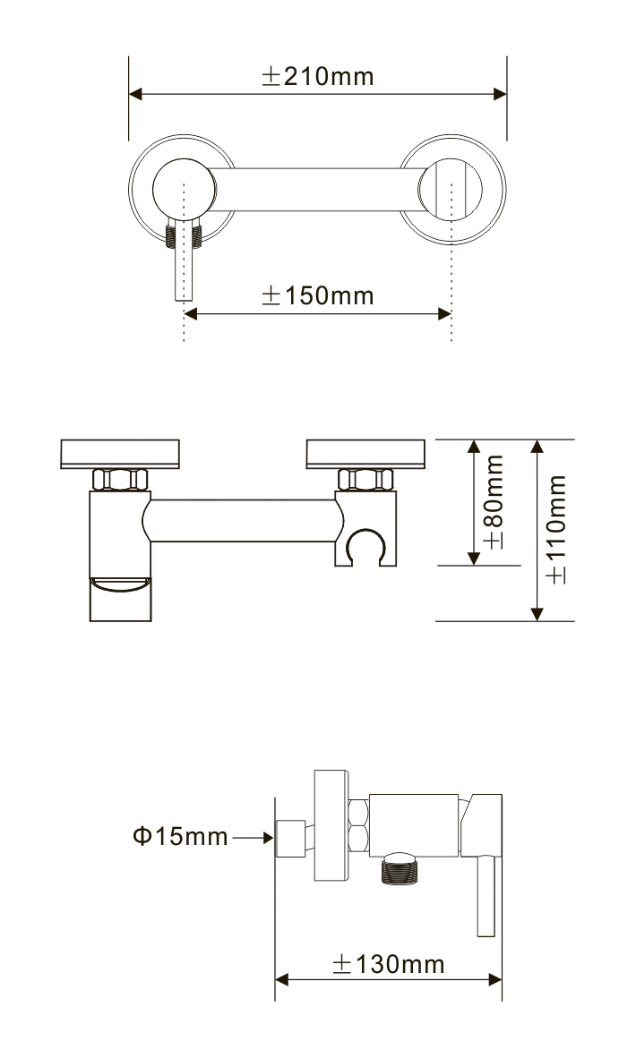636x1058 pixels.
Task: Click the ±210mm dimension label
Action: pos(317,76)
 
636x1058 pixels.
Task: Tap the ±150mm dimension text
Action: pos(317,295)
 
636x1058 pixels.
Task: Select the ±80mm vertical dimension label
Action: pos(494,502)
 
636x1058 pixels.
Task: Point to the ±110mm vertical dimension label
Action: pos(556,529)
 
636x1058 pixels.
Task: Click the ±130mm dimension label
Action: pos(388,964)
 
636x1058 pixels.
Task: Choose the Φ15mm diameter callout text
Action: pos(180,837)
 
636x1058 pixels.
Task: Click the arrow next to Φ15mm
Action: pos(254,838)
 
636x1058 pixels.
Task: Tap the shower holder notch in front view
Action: pos(365,545)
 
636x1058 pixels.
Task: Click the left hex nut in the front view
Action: pos(120,480)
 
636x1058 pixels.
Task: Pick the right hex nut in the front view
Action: pos(365,480)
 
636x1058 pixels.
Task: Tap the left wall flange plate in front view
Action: pos(120,454)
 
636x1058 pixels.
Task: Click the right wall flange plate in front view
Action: pos(366,454)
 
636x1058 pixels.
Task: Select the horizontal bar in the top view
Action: pos(317,190)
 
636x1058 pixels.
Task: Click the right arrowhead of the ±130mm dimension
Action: pos(494,979)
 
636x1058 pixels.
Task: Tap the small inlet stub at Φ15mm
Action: pos(291,839)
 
